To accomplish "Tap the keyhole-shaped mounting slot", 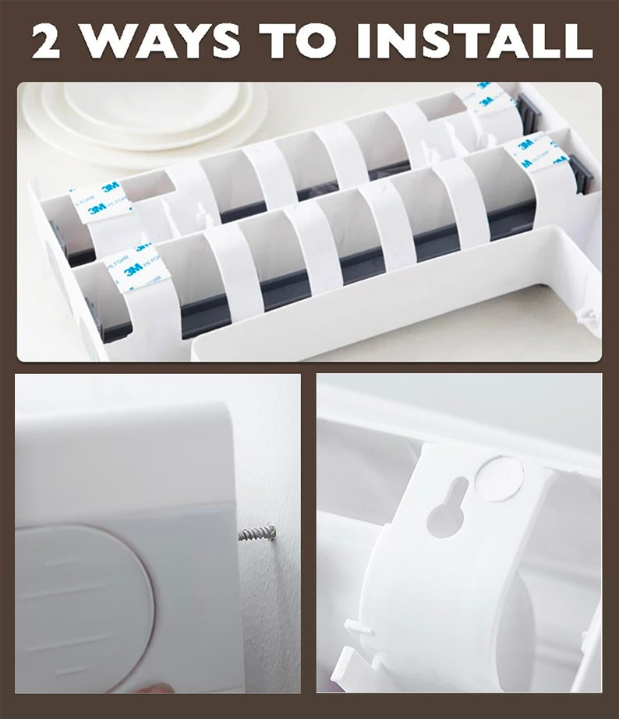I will coord(447,507).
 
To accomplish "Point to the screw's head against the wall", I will coord(270,530).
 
